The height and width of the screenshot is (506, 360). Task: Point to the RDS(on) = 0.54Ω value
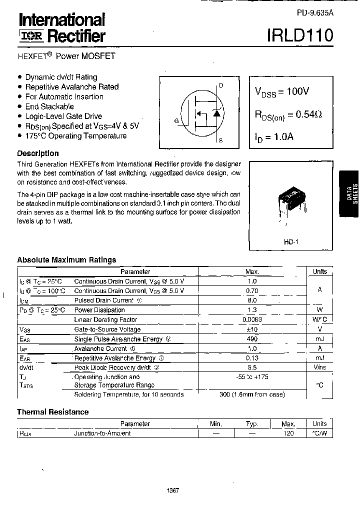288,114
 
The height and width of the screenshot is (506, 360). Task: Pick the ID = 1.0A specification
274,136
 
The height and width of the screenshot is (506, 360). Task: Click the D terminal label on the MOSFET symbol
221,85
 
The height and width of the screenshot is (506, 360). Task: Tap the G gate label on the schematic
176,120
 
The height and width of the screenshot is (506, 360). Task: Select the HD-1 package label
290,242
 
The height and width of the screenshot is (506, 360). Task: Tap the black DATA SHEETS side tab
349,193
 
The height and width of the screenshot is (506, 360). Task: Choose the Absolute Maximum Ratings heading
66,260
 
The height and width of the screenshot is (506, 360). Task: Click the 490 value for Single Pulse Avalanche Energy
251,339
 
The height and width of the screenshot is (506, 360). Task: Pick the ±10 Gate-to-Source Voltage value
251,329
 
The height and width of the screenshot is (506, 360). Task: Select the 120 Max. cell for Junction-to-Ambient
288,433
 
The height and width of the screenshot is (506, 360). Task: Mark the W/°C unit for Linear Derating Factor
319,319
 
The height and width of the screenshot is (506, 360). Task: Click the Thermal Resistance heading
53,412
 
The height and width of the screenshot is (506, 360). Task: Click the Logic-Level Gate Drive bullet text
63,116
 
